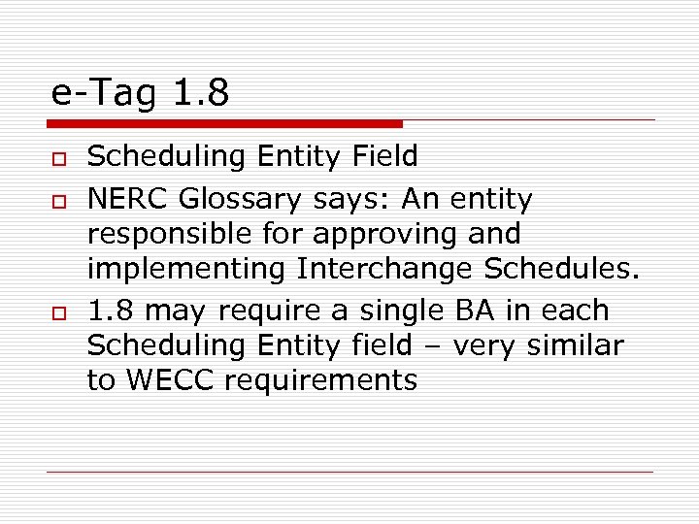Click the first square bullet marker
pyautogui.click(x=57, y=158)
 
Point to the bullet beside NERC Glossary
pyautogui.click(x=57, y=202)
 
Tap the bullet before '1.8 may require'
pyautogui.click(x=57, y=313)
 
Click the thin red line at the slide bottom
pyautogui.click(x=350, y=472)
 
